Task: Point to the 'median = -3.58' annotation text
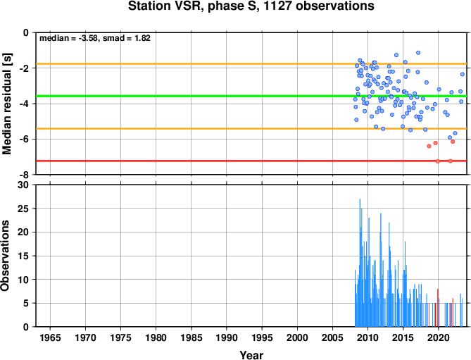tap(69, 38)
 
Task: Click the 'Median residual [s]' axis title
tap(6, 104)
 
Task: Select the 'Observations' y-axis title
tap(5, 256)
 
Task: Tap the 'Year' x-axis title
tap(251, 355)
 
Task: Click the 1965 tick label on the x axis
tap(50, 337)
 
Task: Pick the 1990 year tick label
tap(227, 337)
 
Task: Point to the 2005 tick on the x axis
tap(333, 337)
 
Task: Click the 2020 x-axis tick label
tap(439, 337)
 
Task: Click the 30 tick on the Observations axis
tap(24, 185)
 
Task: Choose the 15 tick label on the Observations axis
tap(24, 256)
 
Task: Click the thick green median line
tap(251, 96)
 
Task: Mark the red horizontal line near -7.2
tap(251, 161)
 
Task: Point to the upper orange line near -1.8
tap(251, 64)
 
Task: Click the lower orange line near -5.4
tap(251, 129)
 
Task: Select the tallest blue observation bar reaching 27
tap(360, 263)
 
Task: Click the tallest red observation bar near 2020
tap(438, 308)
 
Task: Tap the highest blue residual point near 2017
tap(418, 53)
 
